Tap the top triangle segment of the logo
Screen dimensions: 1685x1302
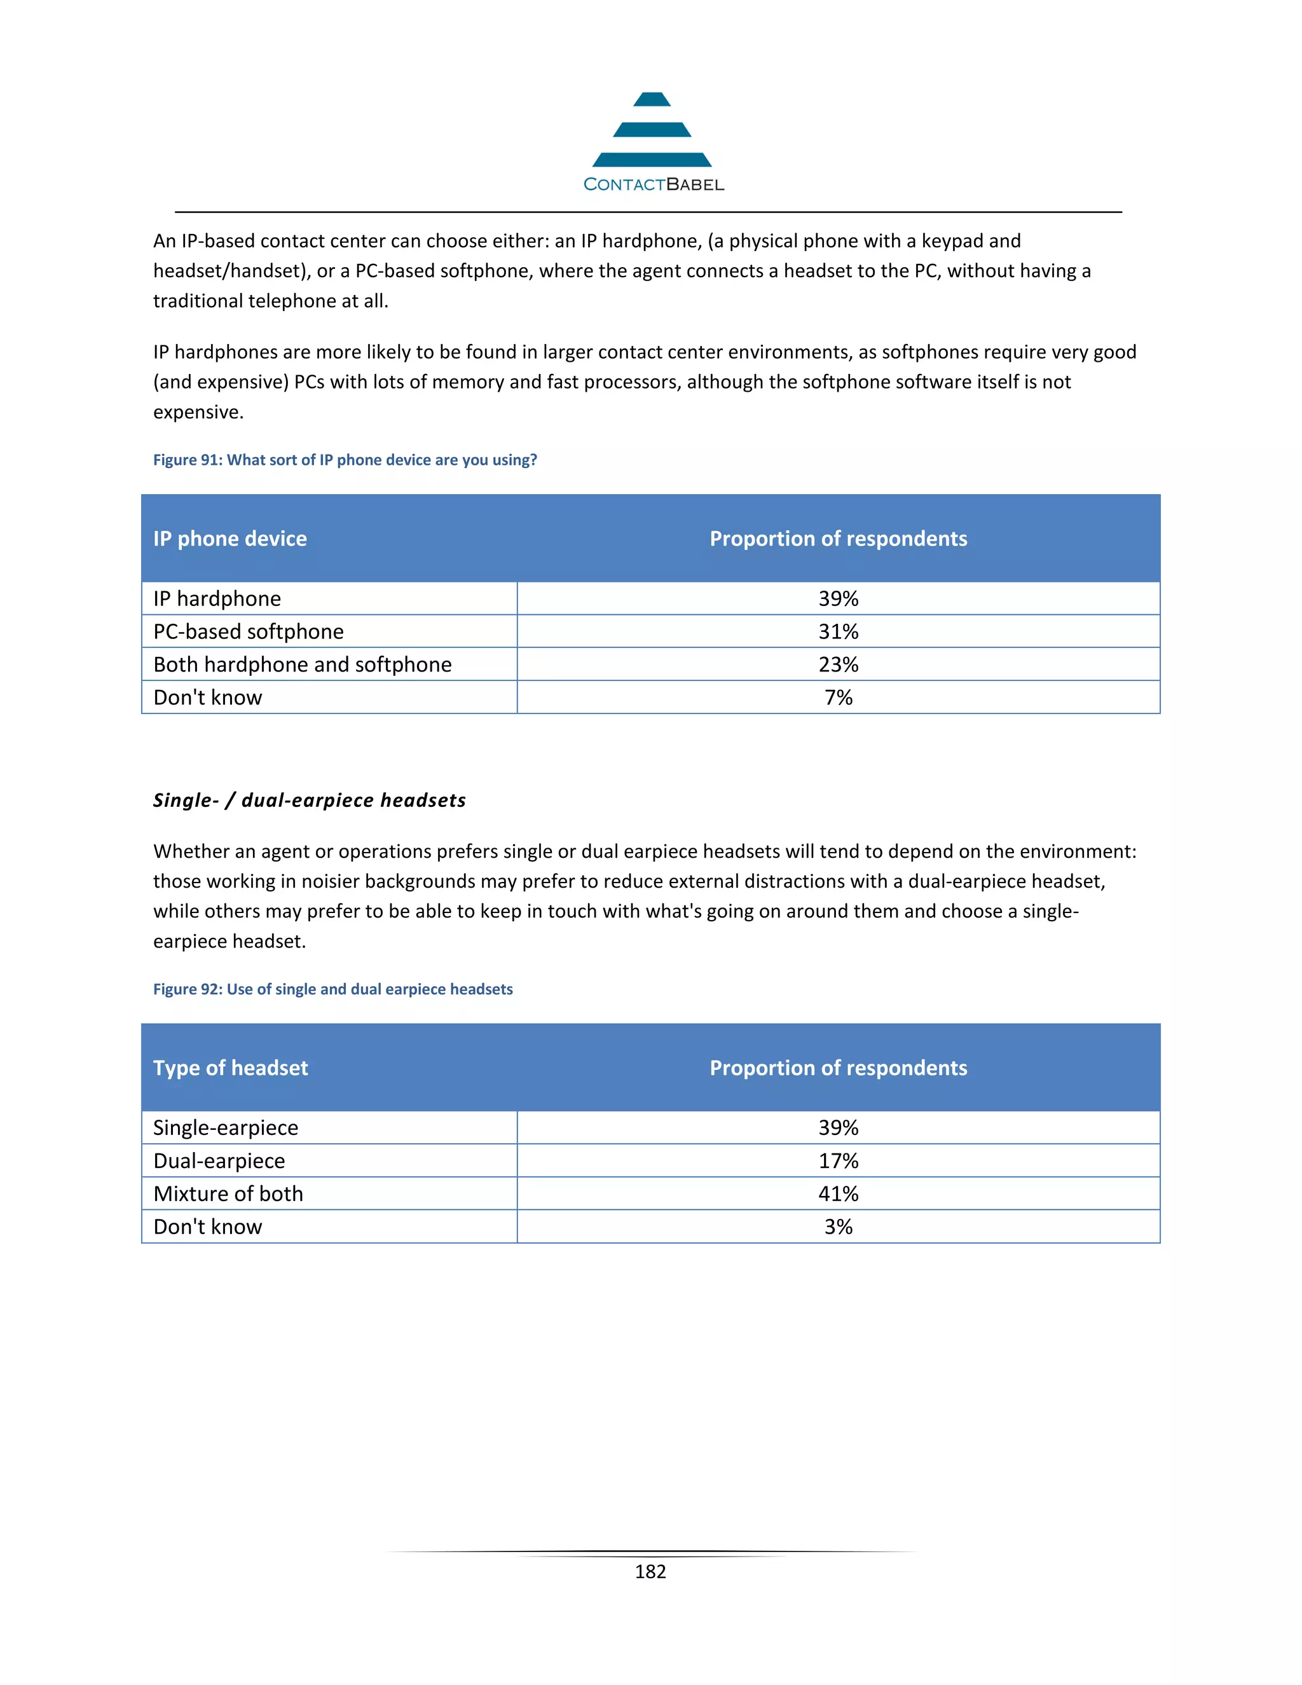[652, 100]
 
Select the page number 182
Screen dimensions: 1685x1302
[650, 1572]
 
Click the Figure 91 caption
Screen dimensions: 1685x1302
[345, 460]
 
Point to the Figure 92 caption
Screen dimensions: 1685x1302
[332, 989]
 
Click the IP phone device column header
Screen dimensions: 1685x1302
[230, 539]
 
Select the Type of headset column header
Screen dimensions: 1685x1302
[231, 1068]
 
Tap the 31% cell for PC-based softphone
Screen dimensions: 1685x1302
[839, 632]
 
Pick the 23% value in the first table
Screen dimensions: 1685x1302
[839, 664]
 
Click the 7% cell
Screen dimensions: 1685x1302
[839, 698]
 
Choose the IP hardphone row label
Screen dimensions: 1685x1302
[217, 599]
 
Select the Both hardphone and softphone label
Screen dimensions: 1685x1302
[303, 664]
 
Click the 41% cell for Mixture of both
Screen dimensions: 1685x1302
[839, 1193]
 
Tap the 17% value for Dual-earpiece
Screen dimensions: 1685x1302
[839, 1161]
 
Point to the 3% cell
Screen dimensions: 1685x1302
[839, 1227]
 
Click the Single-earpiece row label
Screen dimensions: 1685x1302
[225, 1128]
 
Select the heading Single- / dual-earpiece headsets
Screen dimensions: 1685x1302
[310, 800]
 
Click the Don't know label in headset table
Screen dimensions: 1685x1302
[207, 1227]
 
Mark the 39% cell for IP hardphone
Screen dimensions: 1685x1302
[839, 599]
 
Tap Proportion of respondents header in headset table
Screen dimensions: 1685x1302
[839, 1068]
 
